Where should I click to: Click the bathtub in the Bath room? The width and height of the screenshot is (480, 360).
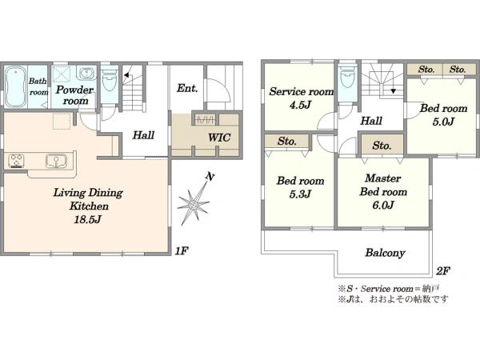(16, 86)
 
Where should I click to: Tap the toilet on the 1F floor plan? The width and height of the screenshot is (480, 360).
(110, 80)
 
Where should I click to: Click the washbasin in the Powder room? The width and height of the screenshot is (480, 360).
(87, 74)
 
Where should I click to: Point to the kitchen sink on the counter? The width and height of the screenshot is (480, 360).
(56, 161)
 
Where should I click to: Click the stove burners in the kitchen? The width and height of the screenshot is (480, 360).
(16, 161)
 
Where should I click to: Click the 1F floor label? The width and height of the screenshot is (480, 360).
(182, 251)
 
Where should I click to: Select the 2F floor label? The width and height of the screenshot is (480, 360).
(443, 271)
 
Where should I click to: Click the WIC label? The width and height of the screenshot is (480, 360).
(219, 138)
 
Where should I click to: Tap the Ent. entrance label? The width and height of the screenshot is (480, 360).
(187, 88)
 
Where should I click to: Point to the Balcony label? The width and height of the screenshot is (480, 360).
(385, 253)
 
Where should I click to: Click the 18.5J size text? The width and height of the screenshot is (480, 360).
(87, 219)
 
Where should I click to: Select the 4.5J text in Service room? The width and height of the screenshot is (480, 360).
(300, 105)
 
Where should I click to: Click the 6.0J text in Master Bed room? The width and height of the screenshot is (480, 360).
(383, 205)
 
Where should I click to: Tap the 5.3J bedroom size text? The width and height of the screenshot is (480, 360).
(300, 194)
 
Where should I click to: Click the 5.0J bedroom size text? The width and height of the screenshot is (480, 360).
(443, 122)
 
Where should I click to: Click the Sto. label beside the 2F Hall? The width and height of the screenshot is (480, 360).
(382, 146)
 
